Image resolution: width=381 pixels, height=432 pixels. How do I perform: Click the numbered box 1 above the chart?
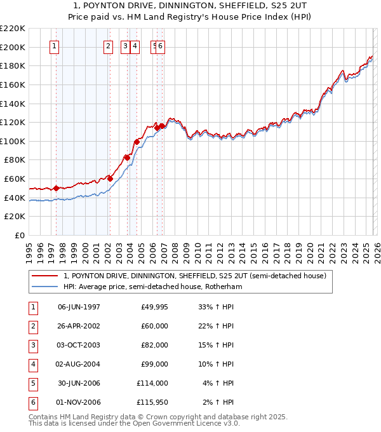[x=54, y=46]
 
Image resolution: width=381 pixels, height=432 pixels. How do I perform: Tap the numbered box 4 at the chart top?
[x=136, y=46]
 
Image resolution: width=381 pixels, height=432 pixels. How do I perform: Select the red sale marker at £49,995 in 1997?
[x=56, y=188]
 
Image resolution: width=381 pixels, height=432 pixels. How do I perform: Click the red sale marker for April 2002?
[x=110, y=179]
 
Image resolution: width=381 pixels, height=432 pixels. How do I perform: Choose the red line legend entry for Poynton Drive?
[x=194, y=276]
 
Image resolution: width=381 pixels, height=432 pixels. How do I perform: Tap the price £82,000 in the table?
[x=154, y=345]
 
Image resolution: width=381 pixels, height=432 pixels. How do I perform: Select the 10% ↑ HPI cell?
[x=215, y=364]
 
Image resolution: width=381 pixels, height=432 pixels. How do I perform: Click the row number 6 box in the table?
[x=32, y=402]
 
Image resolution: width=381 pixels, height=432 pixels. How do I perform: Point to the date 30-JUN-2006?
[x=79, y=383]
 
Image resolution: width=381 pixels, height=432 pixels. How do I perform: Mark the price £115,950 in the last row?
[x=152, y=402]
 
